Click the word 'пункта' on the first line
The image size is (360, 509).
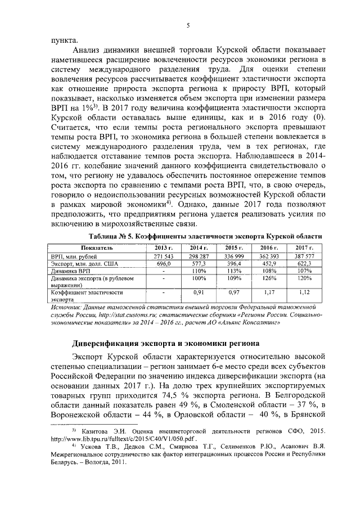pyautogui.click(x=63, y=40)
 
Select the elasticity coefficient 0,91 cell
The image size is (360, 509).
pyautogui.click(x=198, y=292)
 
